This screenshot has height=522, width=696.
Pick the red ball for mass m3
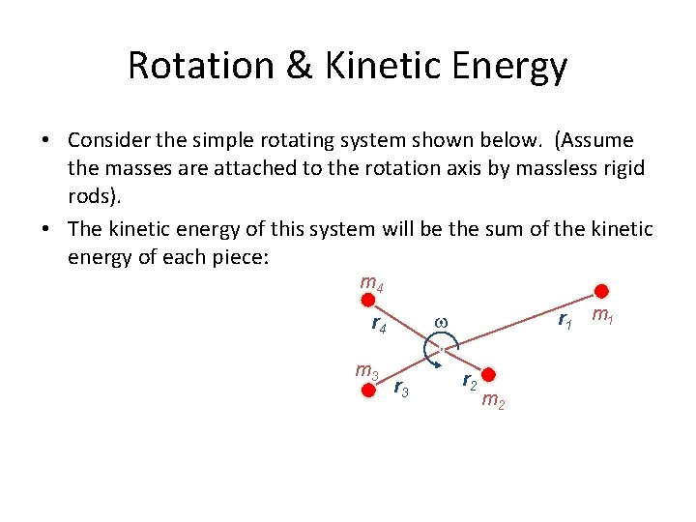[367, 390]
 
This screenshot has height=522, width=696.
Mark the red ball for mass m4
[366, 301]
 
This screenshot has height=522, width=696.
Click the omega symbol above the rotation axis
[441, 322]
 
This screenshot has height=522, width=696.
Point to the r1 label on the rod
[565, 320]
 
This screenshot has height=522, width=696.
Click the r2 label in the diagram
[468, 380]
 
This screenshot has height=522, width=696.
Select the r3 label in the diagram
[402, 389]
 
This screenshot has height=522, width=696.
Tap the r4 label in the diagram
[379, 325]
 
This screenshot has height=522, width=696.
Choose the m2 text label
[492, 400]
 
